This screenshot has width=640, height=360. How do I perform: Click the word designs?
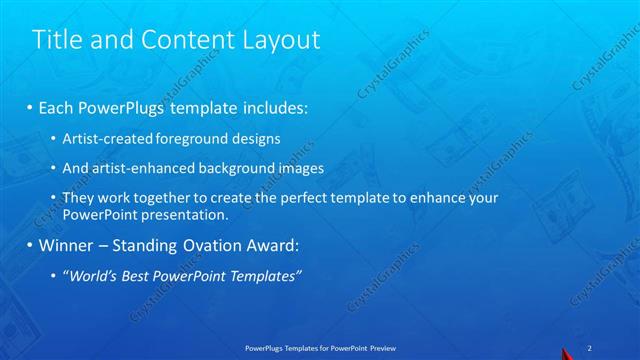point(257,138)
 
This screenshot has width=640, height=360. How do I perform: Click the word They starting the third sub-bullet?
point(79,199)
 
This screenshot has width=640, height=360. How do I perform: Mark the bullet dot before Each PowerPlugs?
point(30,106)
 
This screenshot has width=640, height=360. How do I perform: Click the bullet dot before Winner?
point(30,245)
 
